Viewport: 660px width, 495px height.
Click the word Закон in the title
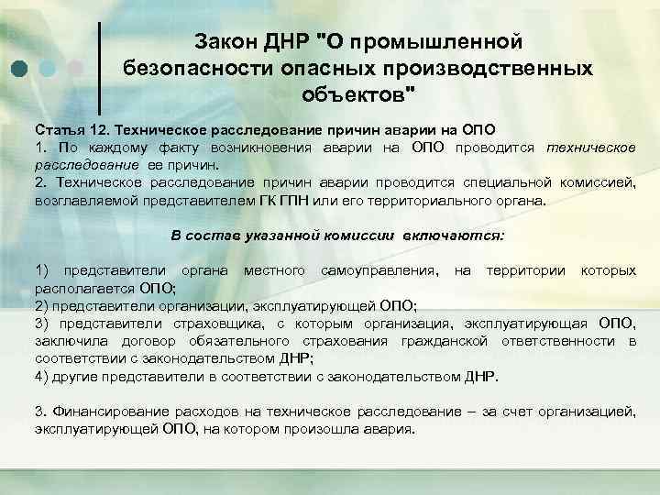[x=225, y=41]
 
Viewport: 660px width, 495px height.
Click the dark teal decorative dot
[x=20, y=67]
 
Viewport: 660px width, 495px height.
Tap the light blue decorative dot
[x=49, y=67]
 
